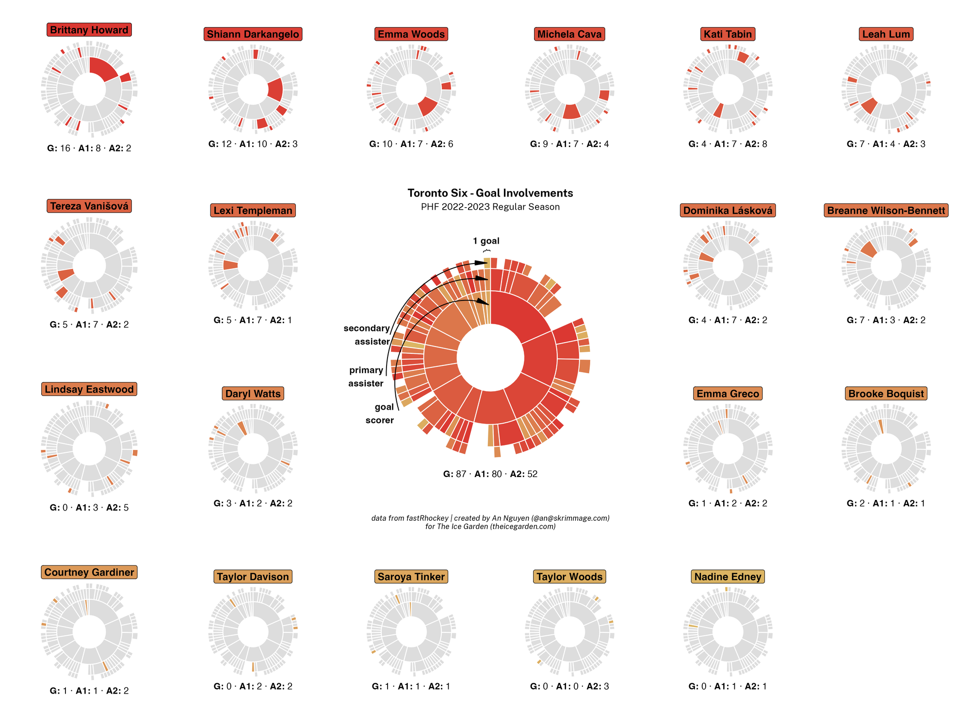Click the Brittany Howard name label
point(89,30)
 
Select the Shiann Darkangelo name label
point(253,34)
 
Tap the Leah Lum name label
point(886,34)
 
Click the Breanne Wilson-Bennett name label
point(886,211)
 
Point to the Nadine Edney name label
point(727,577)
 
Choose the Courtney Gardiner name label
point(89,572)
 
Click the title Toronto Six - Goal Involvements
point(490,193)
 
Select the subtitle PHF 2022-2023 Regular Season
point(490,207)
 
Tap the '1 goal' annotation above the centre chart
point(486,241)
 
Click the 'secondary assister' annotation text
point(367,335)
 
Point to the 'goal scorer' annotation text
point(380,414)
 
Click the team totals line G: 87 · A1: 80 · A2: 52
point(490,474)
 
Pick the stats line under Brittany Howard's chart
point(89,148)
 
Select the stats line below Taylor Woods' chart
point(569,686)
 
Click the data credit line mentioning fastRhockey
point(490,518)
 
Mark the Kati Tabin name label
point(727,34)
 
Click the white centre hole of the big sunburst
point(490,358)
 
